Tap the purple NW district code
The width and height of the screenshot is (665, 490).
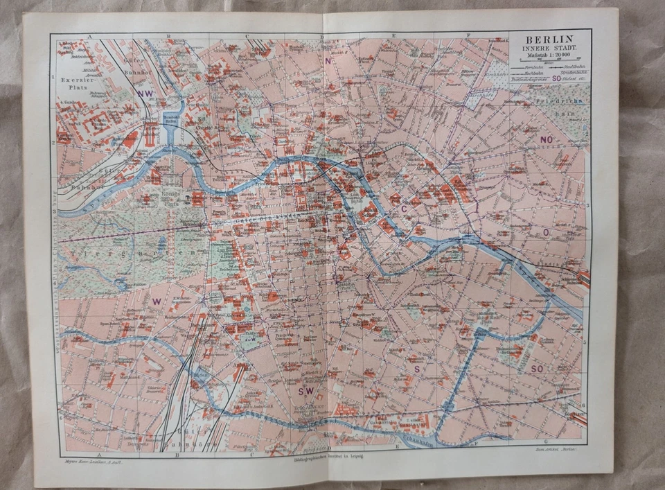point(145,94)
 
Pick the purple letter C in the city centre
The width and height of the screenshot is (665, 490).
point(403,209)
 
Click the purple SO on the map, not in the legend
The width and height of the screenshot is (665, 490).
point(537,369)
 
